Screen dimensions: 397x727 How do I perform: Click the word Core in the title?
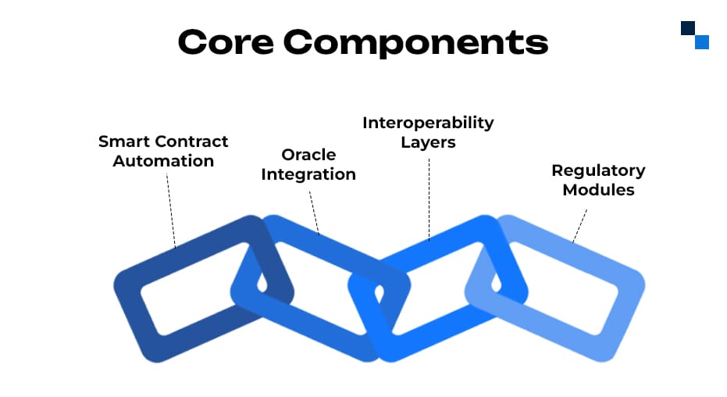pos(226,42)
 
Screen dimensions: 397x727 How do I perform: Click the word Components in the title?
pos(415,44)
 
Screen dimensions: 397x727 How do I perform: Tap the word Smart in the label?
pos(123,142)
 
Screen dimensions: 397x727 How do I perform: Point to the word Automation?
pos(163,162)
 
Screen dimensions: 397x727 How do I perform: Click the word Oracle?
pos(308,155)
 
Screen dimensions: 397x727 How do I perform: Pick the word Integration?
pos(308,174)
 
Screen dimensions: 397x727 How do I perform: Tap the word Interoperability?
pos(428,123)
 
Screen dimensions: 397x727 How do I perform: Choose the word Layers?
pos(428,143)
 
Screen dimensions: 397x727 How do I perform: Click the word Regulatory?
pos(598,170)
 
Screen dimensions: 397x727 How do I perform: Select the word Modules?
pos(598,190)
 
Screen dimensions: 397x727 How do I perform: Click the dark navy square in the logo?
pos(688,28)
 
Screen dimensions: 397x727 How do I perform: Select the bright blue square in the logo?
pos(701,42)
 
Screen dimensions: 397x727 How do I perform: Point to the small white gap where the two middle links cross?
pos(380,295)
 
